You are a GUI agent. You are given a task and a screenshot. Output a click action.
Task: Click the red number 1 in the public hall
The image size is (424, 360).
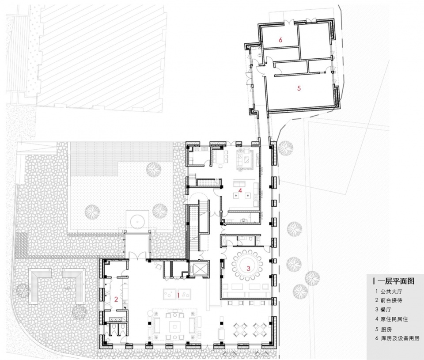[x=178, y=295]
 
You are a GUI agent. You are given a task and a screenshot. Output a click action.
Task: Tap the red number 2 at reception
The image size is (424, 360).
[x=116, y=299]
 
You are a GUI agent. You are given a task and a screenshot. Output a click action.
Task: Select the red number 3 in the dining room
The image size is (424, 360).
[x=248, y=268]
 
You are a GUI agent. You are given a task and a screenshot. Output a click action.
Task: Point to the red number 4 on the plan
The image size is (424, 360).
[x=240, y=190]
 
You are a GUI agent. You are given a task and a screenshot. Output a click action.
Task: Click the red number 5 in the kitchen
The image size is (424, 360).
[x=299, y=88]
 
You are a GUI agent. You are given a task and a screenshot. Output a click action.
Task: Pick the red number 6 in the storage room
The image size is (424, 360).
[x=280, y=40]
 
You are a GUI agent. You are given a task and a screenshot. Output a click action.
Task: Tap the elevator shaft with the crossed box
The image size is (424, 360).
[x=199, y=269]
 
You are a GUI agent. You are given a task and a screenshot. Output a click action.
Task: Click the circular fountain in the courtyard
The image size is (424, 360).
[x=138, y=221]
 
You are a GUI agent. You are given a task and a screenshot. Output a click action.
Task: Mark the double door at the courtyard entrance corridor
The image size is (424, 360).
[x=138, y=256]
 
